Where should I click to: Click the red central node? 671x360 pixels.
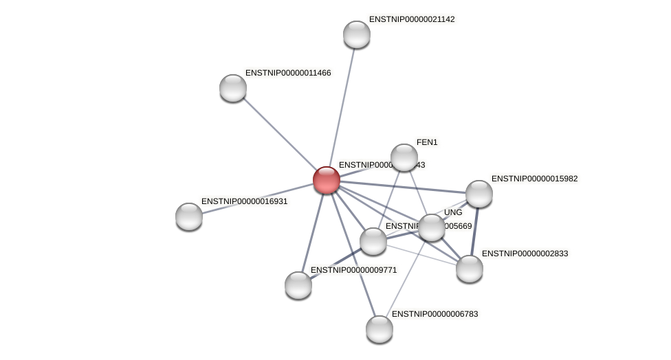point(327,180)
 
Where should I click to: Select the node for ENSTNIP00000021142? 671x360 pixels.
point(357,34)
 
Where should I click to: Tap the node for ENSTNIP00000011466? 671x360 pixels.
point(233,88)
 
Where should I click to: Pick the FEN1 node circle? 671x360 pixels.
point(404,157)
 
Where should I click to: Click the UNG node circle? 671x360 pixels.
point(432,227)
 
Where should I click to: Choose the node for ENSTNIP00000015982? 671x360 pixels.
point(479,194)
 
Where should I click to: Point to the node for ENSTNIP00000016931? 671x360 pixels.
point(189,216)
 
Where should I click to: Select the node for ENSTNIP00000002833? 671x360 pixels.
point(470,269)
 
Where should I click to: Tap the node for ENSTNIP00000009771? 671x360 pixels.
point(298,285)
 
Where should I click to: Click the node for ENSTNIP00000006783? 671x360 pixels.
point(379,329)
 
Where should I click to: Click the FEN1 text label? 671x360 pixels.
point(427,142)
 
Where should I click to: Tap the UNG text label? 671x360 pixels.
point(453,212)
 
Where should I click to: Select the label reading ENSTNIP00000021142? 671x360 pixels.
point(412,19)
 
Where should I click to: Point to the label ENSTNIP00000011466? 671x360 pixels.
point(288,73)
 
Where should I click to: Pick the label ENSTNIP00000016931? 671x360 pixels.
point(244,201)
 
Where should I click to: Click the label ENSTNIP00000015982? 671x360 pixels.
point(534,179)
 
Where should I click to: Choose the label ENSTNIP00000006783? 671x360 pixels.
point(434,314)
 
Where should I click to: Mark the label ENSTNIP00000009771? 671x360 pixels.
point(353,270)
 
